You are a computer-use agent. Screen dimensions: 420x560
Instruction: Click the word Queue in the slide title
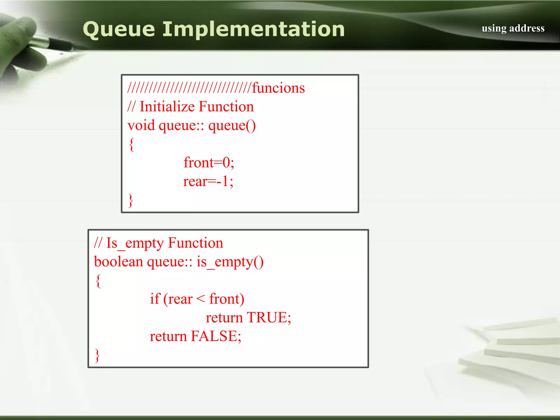119,30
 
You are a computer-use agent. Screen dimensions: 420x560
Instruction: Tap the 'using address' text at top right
513,28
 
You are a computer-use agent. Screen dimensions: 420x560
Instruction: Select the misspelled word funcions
278,88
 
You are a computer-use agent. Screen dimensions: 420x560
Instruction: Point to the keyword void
141,126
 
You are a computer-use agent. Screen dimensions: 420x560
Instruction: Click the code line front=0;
209,162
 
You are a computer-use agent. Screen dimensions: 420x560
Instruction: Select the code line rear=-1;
208,181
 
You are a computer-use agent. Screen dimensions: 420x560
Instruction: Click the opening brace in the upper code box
132,144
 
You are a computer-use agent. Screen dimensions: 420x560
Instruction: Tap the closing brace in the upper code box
131,200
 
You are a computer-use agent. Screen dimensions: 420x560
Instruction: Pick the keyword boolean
118,262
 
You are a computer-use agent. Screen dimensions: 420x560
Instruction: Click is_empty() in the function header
230,262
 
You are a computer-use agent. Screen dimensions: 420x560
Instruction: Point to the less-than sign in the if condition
200,299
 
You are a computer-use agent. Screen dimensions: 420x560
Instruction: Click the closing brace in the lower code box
97,355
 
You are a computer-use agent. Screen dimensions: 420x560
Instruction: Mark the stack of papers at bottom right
514,353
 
